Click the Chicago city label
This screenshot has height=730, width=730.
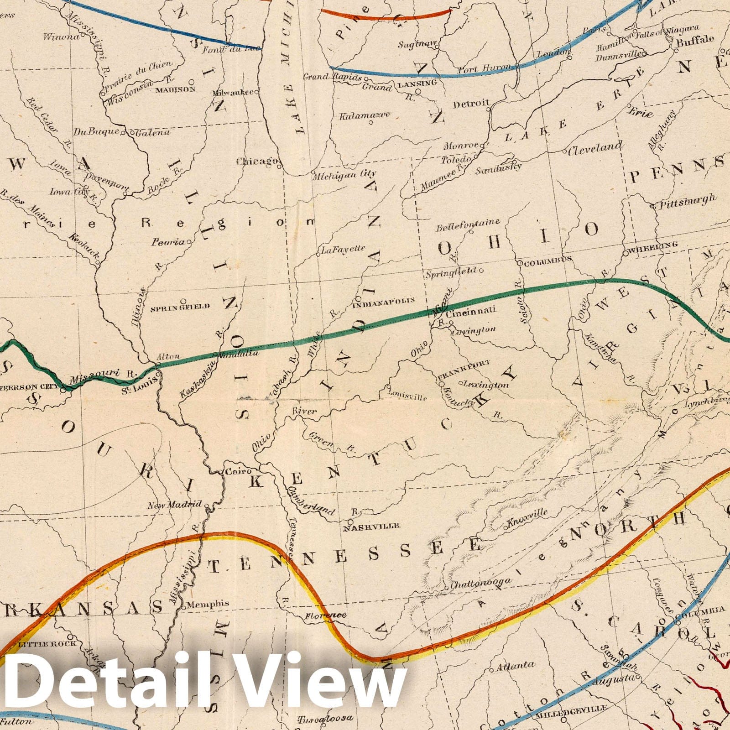(257, 161)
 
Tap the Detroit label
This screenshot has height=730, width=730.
(470, 104)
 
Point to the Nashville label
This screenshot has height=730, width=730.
(370, 526)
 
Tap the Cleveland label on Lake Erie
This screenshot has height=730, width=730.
(595, 147)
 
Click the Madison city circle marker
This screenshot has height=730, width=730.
(192, 82)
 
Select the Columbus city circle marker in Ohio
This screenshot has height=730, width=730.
(519, 263)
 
